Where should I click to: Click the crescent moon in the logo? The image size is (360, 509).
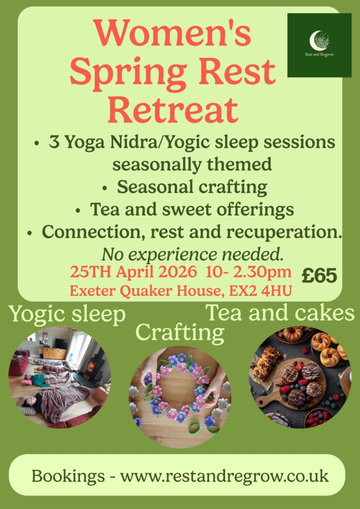[x=314, y=41]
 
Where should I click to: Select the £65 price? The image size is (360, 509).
[x=319, y=276]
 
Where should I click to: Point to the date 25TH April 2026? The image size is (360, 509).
[x=133, y=272]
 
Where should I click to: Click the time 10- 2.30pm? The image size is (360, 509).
[x=248, y=272]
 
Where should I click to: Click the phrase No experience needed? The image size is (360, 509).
[x=193, y=255]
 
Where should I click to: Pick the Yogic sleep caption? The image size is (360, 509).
[x=67, y=315]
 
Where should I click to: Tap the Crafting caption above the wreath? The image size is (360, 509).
[x=180, y=333]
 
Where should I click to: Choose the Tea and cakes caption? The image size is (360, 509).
[x=280, y=313]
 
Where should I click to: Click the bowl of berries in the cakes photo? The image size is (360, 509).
[x=319, y=418]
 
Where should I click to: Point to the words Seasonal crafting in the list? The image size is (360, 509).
[x=192, y=187]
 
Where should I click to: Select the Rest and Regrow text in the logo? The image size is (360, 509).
[x=319, y=55]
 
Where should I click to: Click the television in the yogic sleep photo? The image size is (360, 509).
[x=61, y=343]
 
